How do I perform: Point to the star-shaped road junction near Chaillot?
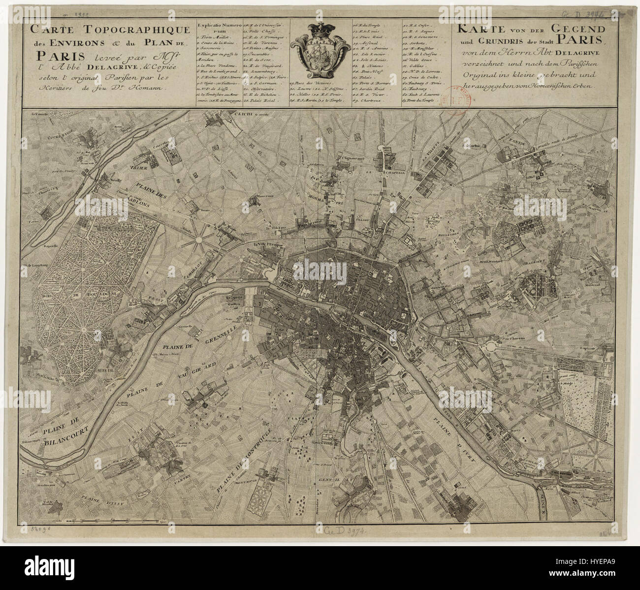click(x=199, y=240)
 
